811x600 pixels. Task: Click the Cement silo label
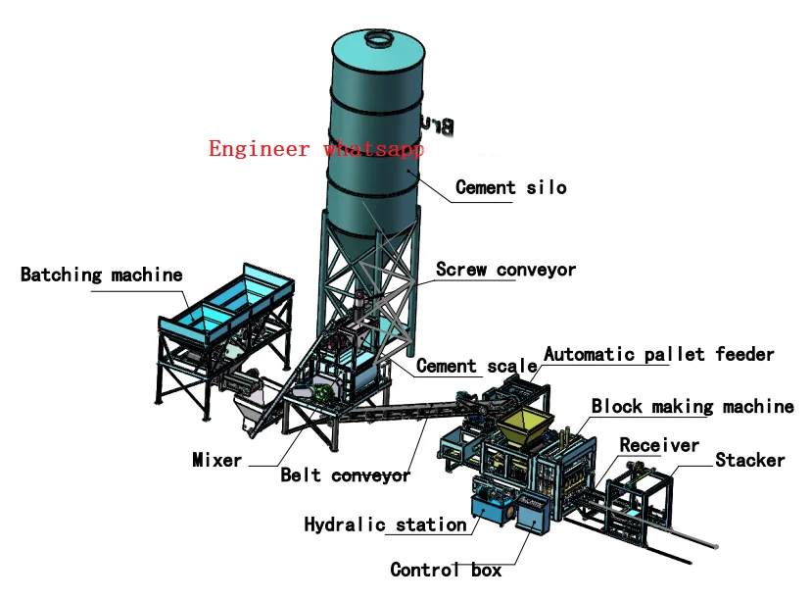[x=511, y=186]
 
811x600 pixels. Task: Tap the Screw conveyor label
[x=505, y=269]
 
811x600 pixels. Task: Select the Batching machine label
[x=102, y=275]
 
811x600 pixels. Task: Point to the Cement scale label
[x=476, y=366]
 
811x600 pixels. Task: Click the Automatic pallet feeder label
[x=658, y=354]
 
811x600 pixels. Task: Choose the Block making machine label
[x=692, y=406]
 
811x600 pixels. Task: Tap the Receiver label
[x=659, y=445]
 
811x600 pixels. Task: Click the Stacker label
[x=749, y=460]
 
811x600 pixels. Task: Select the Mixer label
[x=216, y=459]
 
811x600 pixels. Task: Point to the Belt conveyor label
[x=345, y=475]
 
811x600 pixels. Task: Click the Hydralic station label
[x=385, y=525]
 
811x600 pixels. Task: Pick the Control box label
[x=446, y=570]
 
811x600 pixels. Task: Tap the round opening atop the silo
[x=375, y=39]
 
